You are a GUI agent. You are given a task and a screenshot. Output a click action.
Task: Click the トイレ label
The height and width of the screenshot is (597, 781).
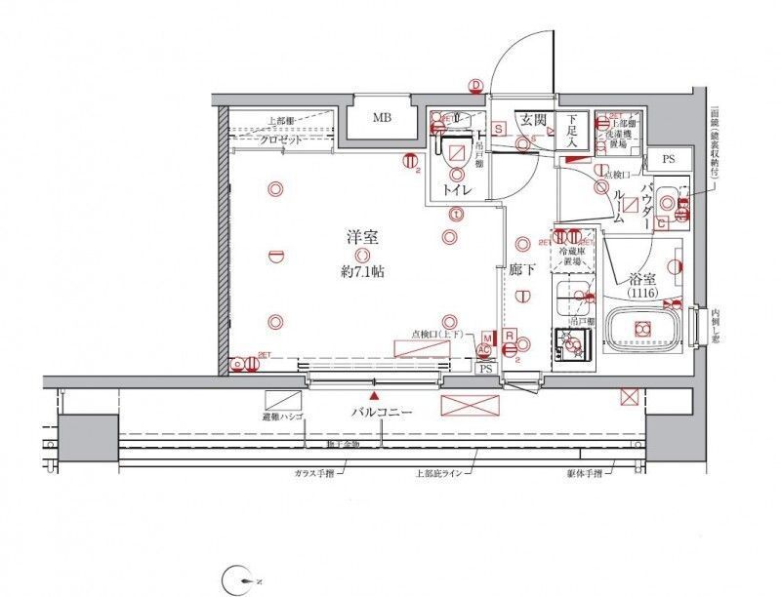[454, 189]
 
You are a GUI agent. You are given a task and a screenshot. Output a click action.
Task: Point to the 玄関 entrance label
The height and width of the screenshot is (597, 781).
[532, 120]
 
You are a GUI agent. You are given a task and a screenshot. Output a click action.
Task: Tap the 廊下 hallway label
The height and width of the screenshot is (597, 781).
[521, 270]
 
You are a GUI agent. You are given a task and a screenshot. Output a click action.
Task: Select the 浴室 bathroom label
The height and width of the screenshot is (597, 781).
[640, 277]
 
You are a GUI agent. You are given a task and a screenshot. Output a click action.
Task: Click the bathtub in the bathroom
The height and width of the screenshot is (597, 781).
[643, 330]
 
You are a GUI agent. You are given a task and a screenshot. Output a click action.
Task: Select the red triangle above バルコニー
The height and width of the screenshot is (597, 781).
[374, 396]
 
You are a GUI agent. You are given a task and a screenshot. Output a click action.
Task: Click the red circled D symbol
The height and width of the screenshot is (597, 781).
[475, 86]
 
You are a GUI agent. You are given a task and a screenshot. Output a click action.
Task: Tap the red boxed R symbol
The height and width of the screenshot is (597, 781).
[510, 336]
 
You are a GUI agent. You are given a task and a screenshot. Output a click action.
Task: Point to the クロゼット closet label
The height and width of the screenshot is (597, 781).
[281, 139]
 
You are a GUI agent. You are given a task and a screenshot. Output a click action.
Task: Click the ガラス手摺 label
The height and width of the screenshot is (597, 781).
[314, 471]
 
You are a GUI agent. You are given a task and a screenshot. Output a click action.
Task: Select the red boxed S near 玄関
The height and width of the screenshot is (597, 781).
[498, 128]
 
